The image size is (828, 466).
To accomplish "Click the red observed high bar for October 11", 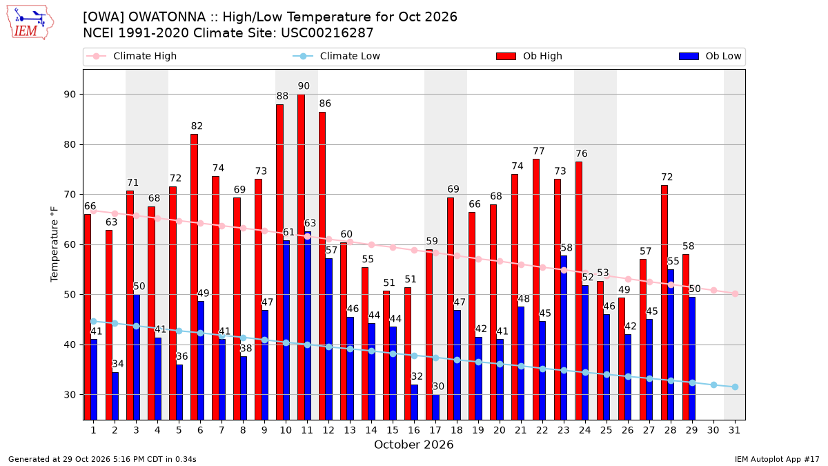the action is [302, 257].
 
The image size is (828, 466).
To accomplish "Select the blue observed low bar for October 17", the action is [436, 407].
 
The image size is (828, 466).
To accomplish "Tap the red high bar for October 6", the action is [194, 277].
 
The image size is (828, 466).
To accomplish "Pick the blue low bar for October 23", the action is [564, 338].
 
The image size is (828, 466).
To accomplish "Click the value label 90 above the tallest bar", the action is [304, 86].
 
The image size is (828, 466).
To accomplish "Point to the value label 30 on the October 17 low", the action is [438, 387].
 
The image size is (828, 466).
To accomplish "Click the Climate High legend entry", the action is [131, 56].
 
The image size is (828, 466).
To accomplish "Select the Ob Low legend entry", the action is [710, 56].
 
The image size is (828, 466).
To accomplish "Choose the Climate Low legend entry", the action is [337, 56].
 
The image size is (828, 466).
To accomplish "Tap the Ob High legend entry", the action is [529, 56].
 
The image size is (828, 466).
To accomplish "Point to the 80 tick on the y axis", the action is [70, 144].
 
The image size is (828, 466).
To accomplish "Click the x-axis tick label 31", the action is [734, 430].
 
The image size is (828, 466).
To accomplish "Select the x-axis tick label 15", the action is [393, 430].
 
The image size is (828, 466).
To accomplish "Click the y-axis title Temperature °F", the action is [55, 244].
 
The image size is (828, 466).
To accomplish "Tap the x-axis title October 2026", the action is [413, 445].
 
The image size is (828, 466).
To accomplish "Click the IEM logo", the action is [30, 23].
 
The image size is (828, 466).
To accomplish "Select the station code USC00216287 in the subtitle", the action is [327, 33].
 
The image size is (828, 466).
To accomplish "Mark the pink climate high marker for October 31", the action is [735, 293].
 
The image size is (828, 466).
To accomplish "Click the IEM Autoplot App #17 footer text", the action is [777, 459].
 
